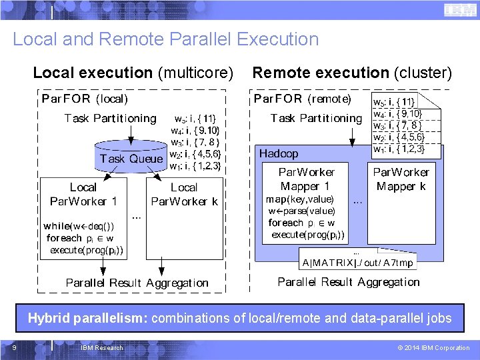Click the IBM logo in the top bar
[x=455, y=10]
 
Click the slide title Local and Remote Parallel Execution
[x=166, y=39]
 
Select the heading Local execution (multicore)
[x=133, y=72]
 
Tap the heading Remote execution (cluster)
[x=352, y=72]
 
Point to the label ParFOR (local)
[x=85, y=99]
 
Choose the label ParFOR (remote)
[x=302, y=99]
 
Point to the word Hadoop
[x=279, y=153]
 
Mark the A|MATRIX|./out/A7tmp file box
[x=358, y=262]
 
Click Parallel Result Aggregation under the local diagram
[x=137, y=283]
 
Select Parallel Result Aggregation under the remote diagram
[x=349, y=281]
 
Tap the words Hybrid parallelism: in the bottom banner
[x=88, y=319]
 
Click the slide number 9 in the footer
[x=14, y=347]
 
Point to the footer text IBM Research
[x=101, y=347]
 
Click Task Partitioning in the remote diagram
[x=315, y=118]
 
